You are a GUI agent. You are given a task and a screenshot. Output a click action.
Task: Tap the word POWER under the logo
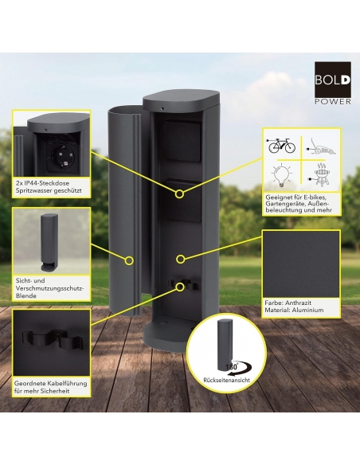(x=333, y=102)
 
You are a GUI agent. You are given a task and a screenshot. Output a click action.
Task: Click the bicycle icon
(x=282, y=145)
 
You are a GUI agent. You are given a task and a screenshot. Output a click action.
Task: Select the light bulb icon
(x=281, y=175)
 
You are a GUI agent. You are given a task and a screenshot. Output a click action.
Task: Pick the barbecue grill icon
(x=321, y=174)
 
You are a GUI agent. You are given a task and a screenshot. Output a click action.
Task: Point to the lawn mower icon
(x=321, y=147)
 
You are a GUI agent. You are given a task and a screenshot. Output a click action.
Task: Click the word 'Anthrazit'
(x=296, y=303)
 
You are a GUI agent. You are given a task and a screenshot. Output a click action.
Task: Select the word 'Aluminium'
(x=307, y=311)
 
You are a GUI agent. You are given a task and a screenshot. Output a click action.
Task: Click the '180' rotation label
(x=231, y=367)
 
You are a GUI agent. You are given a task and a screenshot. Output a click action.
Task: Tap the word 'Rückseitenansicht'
(x=226, y=380)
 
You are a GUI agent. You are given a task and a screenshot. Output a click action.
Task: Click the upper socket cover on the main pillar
(x=181, y=141)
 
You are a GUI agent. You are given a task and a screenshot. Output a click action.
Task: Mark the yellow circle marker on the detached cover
(x=129, y=260)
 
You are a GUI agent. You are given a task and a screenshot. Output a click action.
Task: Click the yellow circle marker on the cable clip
(x=179, y=287)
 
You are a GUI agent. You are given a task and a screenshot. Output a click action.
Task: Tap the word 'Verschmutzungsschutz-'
(x=50, y=288)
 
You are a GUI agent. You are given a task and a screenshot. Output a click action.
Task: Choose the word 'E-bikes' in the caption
(x=316, y=197)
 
